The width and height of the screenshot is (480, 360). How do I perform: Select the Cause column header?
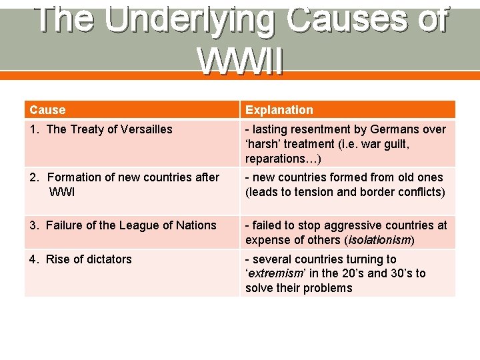(47, 110)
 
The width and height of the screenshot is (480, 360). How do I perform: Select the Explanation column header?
(279, 110)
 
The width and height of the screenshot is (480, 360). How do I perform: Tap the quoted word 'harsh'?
(264, 144)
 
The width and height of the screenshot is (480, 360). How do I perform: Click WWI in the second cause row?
(63, 192)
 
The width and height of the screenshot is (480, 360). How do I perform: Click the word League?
(139, 225)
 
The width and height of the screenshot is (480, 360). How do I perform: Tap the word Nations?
(195, 225)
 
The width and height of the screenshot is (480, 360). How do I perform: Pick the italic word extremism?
(277, 273)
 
